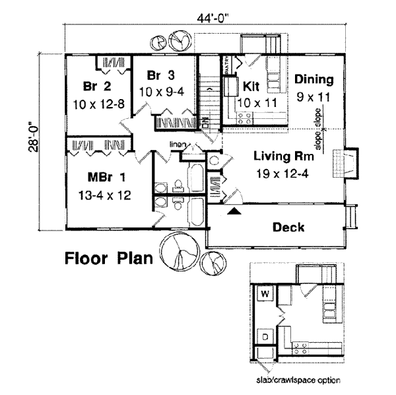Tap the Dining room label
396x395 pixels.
point(313,80)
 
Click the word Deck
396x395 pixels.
point(288,228)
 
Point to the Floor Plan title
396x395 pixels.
point(109,258)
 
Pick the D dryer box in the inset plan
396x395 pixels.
point(264,336)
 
